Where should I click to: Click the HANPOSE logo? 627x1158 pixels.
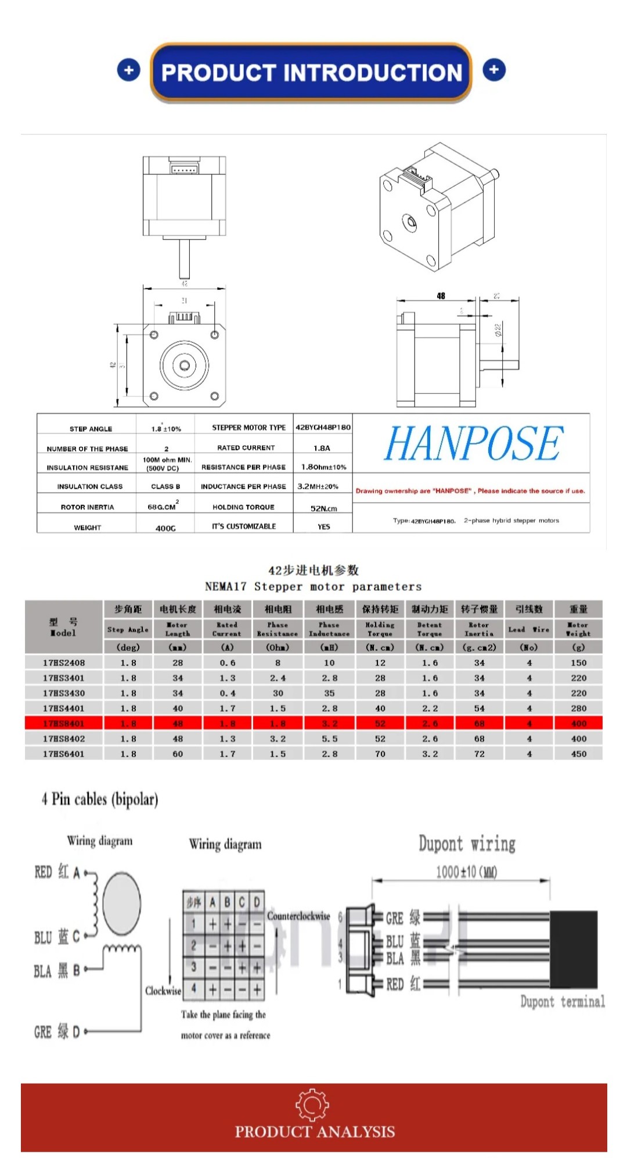(x=473, y=444)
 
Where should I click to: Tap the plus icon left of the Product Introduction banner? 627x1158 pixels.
(x=128, y=70)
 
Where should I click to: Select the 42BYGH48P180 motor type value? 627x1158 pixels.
(x=323, y=427)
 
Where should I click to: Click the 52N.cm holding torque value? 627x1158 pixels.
(x=323, y=508)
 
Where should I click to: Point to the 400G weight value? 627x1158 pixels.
(x=165, y=528)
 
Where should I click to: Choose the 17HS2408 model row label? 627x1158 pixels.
(x=64, y=663)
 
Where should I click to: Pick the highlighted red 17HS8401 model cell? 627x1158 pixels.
(x=64, y=723)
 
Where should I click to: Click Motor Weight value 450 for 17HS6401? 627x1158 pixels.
(x=578, y=754)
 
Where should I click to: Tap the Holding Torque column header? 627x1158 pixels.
(x=380, y=629)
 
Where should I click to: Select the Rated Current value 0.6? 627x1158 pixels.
(x=228, y=663)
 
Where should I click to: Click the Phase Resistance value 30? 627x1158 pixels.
(x=278, y=693)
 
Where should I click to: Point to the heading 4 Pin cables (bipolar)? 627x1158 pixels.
(x=100, y=800)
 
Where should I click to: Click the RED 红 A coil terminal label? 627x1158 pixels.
(x=57, y=872)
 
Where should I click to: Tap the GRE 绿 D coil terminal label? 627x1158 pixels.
(x=57, y=1032)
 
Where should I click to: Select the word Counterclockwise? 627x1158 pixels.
(x=298, y=916)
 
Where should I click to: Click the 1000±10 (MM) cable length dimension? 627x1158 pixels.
(x=466, y=872)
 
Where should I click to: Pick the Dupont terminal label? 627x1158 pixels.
(x=562, y=1001)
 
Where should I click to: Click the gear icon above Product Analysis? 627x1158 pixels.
(x=312, y=1105)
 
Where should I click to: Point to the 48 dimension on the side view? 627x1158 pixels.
(x=441, y=296)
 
